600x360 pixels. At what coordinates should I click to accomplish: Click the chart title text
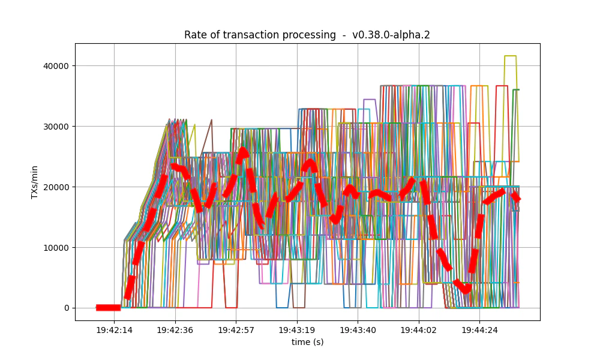pyautogui.click(x=307, y=35)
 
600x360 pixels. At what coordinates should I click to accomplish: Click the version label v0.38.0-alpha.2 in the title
pyautogui.click(x=391, y=35)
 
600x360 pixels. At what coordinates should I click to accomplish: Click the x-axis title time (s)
pyautogui.click(x=307, y=342)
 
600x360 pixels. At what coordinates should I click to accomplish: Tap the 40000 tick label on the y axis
pyautogui.click(x=55, y=65)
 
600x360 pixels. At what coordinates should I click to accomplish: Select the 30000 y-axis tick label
pyautogui.click(x=55, y=126)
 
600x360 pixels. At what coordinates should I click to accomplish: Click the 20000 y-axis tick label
pyautogui.click(x=55, y=187)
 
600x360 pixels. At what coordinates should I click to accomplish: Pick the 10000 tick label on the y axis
pyautogui.click(x=55, y=247)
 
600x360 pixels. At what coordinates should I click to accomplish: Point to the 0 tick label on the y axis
pyautogui.click(x=66, y=308)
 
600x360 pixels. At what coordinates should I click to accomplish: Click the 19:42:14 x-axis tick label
pyautogui.click(x=114, y=330)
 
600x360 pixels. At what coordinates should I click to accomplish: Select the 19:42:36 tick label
pyautogui.click(x=175, y=330)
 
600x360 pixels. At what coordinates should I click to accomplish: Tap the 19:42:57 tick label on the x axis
pyautogui.click(x=236, y=330)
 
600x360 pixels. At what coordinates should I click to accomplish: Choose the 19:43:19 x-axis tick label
pyautogui.click(x=296, y=330)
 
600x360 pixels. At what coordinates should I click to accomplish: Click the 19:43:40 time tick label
pyautogui.click(x=358, y=330)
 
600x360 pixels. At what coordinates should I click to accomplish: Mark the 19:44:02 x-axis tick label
pyautogui.click(x=418, y=330)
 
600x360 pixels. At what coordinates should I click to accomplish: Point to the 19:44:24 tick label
pyautogui.click(x=479, y=330)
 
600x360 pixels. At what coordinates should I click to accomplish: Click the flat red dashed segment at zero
pyautogui.click(x=109, y=308)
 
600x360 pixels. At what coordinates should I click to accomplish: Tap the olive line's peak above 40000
pyautogui.click(x=510, y=56)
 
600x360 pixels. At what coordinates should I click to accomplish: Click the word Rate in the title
pyautogui.click(x=194, y=35)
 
